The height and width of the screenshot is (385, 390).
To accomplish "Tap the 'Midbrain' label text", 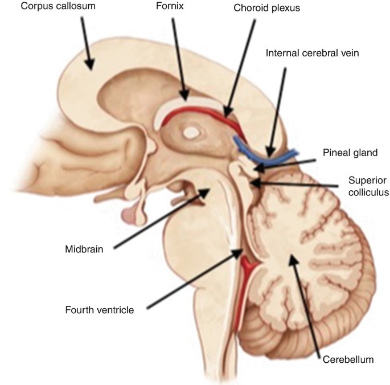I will (84, 248).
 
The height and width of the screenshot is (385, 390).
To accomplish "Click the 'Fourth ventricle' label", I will (100, 310).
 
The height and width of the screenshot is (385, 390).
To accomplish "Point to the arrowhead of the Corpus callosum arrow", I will (89, 67).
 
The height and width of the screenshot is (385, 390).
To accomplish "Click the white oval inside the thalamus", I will (192, 133).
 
